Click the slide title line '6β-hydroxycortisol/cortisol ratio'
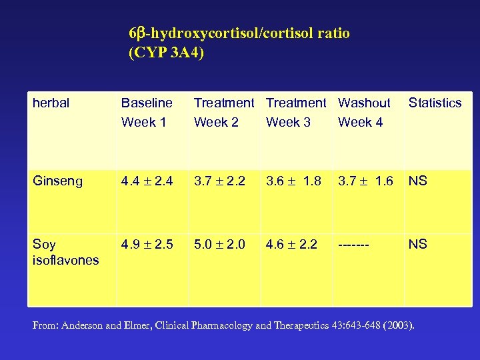click(239, 33)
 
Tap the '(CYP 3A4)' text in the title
click(165, 53)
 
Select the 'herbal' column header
click(51, 103)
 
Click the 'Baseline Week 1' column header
click(147, 113)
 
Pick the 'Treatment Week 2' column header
click(223, 113)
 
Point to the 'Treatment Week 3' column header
click(295, 113)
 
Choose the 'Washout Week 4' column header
click(364, 113)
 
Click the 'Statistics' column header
click(435, 103)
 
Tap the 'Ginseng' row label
click(58, 181)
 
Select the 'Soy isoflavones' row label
click(65, 252)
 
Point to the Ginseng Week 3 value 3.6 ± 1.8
click(293, 181)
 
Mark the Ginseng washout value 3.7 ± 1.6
click(365, 181)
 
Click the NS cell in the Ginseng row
click(418, 181)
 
